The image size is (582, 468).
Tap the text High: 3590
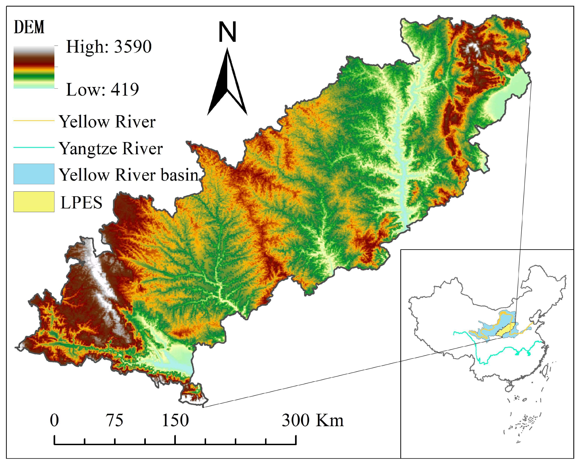108,47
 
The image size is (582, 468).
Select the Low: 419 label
102,90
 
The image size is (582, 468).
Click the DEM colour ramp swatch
34,67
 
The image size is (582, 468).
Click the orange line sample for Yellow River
34,121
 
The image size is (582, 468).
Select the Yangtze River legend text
111,149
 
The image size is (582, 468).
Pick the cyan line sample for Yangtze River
34,147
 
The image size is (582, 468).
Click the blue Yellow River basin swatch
34,174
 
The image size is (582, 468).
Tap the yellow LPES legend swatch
34,202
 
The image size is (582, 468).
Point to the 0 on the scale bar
54,420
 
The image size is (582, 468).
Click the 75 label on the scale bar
115,420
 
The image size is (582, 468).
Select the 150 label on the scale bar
175,420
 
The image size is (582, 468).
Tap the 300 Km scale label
313,420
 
